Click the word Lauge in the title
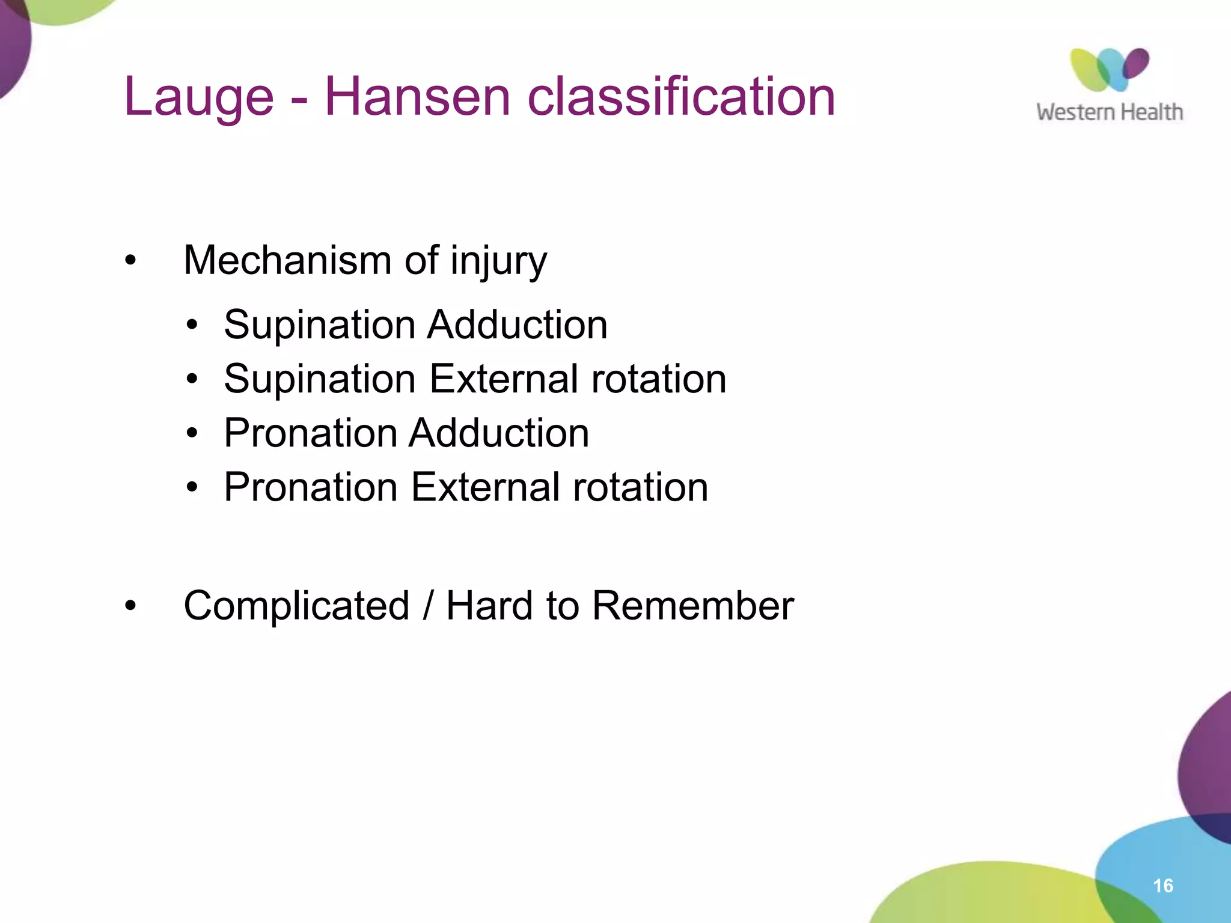[198, 97]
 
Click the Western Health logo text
[1109, 112]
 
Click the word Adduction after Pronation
[499, 433]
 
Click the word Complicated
[296, 605]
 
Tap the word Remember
[692, 605]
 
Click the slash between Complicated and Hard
[427, 605]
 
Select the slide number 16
[1163, 886]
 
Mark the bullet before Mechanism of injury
[130, 261]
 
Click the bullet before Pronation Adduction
[192, 433]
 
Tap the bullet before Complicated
[130, 606]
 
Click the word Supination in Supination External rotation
[320, 380]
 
